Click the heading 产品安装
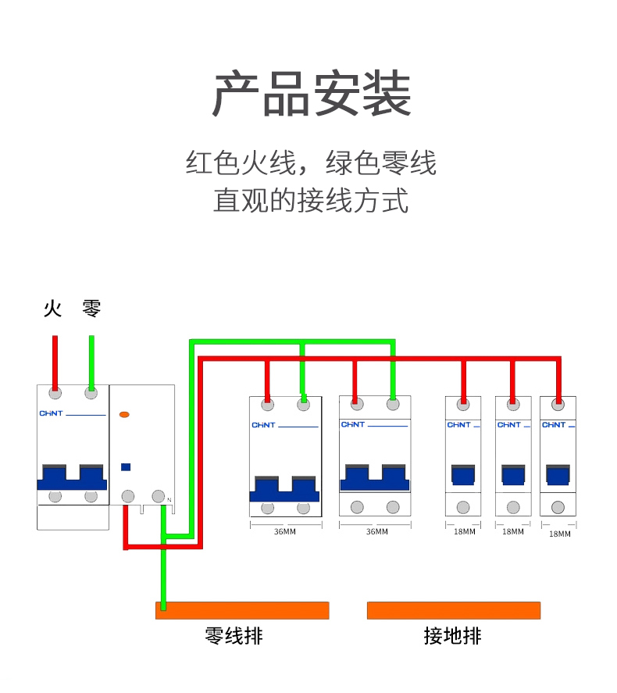pos(312,94)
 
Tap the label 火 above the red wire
pos(52,309)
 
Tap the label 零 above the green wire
pos(91,309)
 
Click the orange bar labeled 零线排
pos(242,610)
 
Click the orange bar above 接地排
pos(453,610)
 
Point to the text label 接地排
pos(453,636)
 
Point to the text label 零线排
pos(234,636)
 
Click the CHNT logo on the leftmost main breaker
pos(50,413)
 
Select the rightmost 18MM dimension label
pos(559,534)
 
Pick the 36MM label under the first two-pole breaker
pos(284,532)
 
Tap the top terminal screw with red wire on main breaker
pos(55,393)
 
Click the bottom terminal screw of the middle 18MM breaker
pos(512,507)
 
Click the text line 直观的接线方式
pos(311,200)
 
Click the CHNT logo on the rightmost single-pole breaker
pos(554,425)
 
